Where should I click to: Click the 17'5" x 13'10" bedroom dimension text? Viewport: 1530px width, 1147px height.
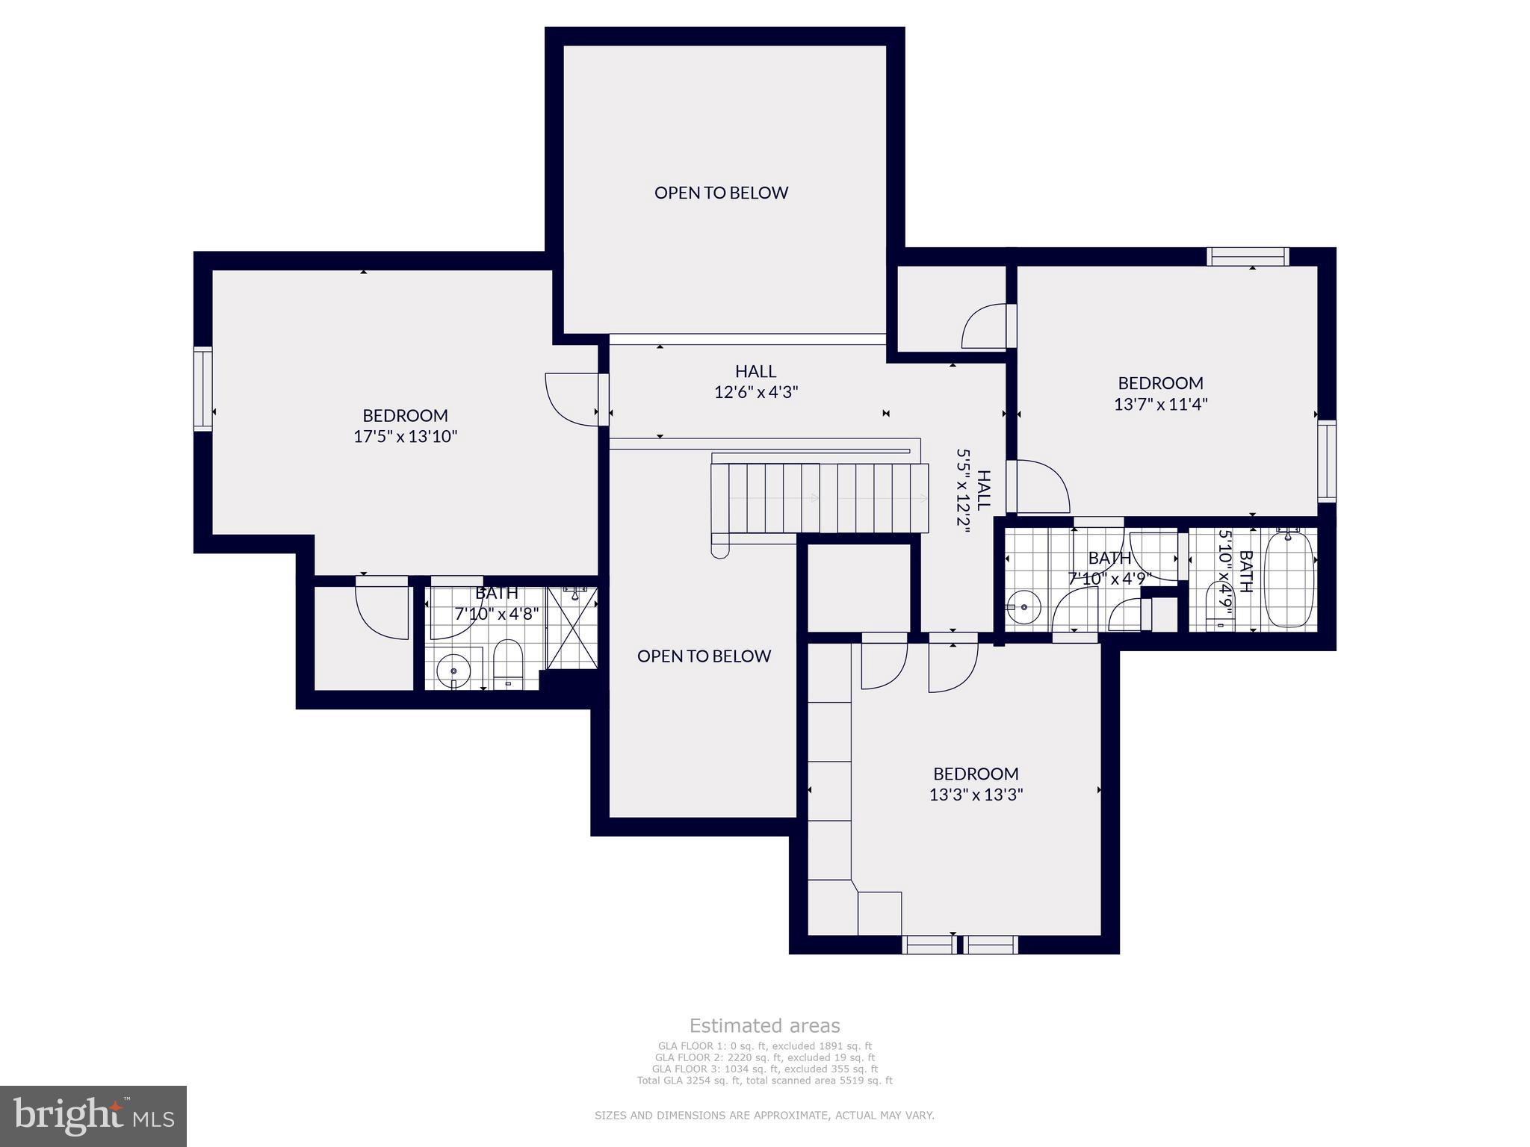[x=405, y=437]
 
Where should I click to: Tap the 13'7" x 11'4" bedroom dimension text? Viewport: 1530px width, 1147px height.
[x=1160, y=404]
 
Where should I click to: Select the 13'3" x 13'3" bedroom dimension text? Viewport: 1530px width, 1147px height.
[x=976, y=795]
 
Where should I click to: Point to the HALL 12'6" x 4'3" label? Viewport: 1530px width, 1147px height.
[x=755, y=382]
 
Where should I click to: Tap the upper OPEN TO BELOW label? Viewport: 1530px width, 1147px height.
[x=721, y=193]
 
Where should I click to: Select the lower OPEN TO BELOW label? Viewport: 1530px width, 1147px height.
[x=704, y=656]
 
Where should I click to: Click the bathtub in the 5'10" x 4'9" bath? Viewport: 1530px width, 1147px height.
[x=1289, y=579]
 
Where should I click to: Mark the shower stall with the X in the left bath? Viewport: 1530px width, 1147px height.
[x=573, y=628]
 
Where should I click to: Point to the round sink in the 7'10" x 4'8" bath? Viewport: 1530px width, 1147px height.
[x=453, y=671]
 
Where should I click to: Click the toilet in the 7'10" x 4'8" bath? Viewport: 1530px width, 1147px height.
[x=508, y=663]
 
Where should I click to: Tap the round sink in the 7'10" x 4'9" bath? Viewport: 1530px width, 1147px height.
[x=1023, y=606]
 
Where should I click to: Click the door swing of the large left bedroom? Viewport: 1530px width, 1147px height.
[x=572, y=400]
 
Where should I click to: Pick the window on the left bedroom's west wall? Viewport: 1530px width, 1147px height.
[x=202, y=388]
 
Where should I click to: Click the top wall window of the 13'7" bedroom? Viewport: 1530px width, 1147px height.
[x=1248, y=256]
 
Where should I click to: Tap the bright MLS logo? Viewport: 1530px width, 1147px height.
[x=93, y=1116]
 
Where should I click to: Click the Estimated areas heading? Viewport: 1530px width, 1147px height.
[x=764, y=1025]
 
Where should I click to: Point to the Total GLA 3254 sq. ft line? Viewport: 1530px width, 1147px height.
[x=764, y=1081]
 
